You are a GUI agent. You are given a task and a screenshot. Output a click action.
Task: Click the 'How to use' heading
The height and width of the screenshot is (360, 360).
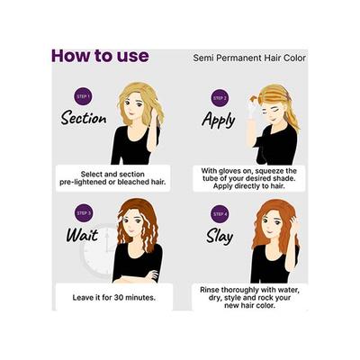click(99, 56)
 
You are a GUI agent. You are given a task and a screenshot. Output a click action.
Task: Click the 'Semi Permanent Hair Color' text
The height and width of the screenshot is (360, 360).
click(249, 58)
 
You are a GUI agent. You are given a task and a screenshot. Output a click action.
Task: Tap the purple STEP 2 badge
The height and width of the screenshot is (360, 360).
click(220, 97)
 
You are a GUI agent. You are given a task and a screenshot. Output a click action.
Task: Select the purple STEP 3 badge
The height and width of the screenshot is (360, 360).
click(83, 213)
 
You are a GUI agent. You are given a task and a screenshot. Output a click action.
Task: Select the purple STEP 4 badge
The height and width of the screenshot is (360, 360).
click(220, 214)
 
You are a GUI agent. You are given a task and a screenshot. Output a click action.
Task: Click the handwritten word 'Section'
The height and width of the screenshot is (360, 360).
click(85, 119)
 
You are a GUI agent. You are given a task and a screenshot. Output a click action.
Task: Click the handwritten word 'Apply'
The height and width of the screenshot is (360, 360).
click(219, 118)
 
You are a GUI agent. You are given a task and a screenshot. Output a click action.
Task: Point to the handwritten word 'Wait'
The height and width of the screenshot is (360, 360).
click(82, 236)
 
